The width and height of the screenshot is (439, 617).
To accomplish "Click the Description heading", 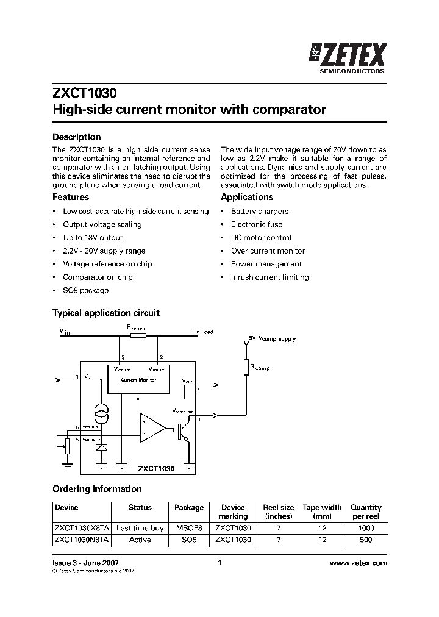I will [x=76, y=137].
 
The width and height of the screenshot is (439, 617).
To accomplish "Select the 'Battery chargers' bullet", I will [x=260, y=212].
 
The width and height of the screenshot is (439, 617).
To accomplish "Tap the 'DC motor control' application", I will [x=261, y=238].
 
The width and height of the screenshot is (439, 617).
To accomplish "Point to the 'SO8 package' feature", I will [x=86, y=290].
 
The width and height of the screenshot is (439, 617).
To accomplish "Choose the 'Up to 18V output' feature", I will [x=93, y=238].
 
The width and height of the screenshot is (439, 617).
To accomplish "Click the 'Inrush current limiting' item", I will [x=269, y=277].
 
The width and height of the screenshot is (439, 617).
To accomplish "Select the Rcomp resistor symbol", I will [x=246, y=367].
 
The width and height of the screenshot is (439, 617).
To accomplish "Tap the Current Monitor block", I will [x=138, y=379].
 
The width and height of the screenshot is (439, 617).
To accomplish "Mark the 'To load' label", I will [x=203, y=332].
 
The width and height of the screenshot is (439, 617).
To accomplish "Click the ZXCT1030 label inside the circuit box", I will [x=156, y=469].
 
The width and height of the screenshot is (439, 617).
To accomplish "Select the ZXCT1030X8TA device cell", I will [x=81, y=528].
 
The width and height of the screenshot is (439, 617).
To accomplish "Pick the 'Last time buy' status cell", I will [x=140, y=528].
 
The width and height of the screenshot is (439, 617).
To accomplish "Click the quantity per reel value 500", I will [x=365, y=540].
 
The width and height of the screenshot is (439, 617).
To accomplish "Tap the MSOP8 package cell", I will [x=189, y=528].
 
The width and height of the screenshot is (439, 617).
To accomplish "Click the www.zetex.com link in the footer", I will [x=358, y=563].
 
